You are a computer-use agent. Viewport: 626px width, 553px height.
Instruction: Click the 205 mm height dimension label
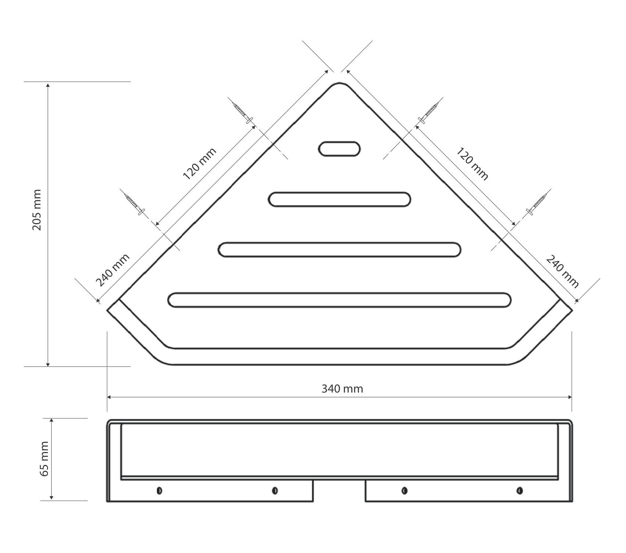coord(37,210)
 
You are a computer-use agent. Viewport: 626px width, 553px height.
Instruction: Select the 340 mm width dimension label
coord(342,389)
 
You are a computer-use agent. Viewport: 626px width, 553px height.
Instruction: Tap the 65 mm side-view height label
coord(45,459)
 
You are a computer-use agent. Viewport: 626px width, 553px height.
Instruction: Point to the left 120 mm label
coord(199,163)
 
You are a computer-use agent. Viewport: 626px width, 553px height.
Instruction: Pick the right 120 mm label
coord(472,164)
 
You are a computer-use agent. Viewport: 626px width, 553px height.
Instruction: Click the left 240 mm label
coord(113,270)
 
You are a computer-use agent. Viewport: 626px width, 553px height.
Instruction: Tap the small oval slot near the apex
coord(339,149)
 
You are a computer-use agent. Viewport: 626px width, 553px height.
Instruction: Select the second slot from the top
coord(339,199)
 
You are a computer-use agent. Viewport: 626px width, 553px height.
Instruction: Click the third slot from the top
coord(339,250)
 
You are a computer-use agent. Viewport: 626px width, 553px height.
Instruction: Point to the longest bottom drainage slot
coord(339,300)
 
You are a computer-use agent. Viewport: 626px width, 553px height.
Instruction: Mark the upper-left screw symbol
coord(243,112)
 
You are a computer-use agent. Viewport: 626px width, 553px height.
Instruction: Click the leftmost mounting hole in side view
coord(159,490)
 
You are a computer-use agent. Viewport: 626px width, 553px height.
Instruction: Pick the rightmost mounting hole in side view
coord(520,490)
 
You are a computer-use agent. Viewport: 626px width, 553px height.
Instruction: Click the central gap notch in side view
coord(339,490)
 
